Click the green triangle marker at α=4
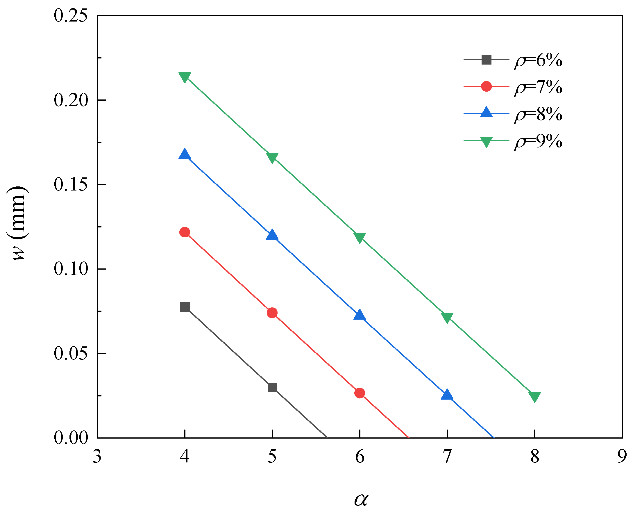185,77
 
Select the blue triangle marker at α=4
185,154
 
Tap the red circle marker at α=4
185,232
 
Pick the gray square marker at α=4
185,307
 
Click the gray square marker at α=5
272,388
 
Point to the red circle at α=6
360,393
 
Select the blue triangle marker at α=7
447,395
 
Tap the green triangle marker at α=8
534,397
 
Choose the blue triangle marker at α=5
272,235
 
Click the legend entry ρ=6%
538,60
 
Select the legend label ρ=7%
538,88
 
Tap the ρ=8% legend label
538,114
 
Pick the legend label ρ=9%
538,141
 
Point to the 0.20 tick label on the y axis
71,100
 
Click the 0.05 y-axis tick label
71,354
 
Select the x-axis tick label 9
622,457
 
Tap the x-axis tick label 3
97,457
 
